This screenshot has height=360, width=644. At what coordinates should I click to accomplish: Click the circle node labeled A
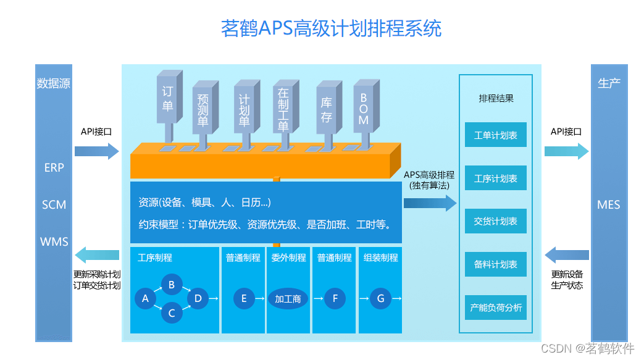146,299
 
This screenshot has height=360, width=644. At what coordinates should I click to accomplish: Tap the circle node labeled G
380,299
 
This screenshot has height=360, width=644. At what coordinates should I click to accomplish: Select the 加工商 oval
288,299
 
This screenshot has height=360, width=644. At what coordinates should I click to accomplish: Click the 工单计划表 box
495,135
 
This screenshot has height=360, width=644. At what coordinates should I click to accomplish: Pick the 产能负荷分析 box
495,308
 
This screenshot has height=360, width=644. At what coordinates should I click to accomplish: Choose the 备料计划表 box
495,264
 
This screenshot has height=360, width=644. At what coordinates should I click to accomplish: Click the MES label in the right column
608,204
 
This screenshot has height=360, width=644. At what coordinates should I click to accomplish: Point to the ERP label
54,167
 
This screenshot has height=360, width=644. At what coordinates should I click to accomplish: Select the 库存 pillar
327,111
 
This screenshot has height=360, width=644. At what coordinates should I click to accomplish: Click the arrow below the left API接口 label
96,151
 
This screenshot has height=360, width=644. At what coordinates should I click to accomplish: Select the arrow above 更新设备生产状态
566,255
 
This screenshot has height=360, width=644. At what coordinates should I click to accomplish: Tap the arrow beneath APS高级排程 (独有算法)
430,203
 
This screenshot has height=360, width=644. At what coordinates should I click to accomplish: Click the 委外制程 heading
288,257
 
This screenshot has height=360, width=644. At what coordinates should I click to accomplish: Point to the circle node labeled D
198,299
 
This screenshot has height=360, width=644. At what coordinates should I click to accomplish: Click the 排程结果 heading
496,98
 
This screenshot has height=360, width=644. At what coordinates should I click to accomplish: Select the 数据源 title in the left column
54,83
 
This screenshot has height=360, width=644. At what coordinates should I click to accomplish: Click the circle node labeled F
335,299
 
